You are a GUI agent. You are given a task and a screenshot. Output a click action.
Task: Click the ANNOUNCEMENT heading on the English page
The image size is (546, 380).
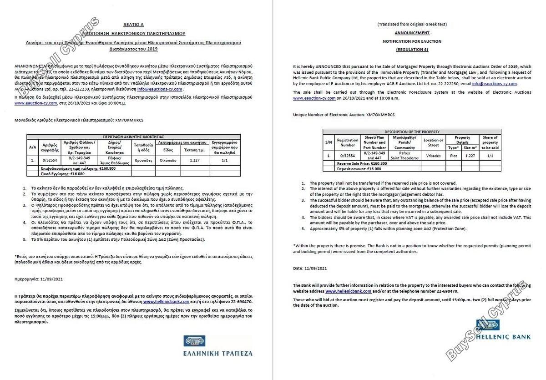coord(412,33)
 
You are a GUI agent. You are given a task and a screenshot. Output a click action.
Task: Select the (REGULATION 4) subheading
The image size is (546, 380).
coord(412,49)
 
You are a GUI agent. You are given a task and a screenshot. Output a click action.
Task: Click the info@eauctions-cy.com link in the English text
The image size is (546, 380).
coord(494,84)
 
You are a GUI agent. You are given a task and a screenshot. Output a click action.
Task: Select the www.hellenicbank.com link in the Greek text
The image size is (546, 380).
coord(166,301)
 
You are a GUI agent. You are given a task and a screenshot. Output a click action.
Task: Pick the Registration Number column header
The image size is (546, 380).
coord(348,142)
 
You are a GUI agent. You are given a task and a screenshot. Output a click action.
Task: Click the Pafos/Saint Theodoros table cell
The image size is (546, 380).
coord(404,156)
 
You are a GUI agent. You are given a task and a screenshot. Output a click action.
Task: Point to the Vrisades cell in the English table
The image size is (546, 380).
coord(433,156)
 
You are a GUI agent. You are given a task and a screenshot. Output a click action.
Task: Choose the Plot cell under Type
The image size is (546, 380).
coord(454,156)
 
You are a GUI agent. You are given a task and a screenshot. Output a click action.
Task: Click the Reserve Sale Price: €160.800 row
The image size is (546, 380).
coord(362,163)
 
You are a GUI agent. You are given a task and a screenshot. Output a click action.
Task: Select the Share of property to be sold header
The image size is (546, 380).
coord(490,142)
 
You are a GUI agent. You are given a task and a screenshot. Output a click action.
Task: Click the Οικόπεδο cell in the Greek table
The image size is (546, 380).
coord(168,160)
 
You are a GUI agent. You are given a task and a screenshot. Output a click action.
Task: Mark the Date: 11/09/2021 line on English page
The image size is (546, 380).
coord(310,269)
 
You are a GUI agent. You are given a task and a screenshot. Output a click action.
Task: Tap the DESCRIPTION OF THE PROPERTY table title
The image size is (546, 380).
coord(411,132)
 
